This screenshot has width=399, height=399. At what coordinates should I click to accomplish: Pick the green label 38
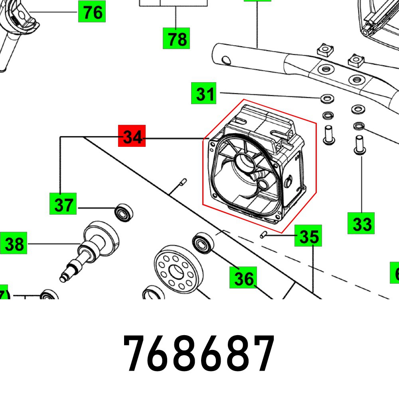coord(14,243)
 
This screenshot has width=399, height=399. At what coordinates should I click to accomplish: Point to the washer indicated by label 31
coord(327,98)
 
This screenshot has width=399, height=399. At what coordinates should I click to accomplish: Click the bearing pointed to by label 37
coord(124,212)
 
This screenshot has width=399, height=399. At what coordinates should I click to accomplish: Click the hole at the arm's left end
coord(226,60)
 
